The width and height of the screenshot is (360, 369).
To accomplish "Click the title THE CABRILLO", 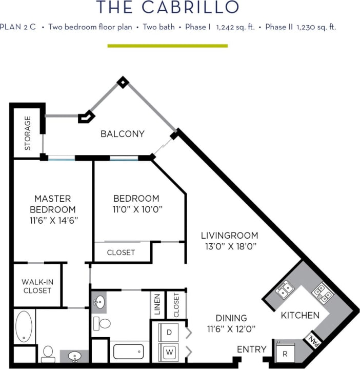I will pyautogui.click(x=168, y=7).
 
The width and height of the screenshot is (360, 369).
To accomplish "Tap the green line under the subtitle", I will pyautogui.click(x=167, y=46).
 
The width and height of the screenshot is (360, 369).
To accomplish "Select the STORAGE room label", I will pyautogui.click(x=28, y=132).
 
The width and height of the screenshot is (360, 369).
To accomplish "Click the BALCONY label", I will pyautogui.click(x=122, y=134).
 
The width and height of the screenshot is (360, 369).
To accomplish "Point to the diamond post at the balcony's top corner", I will pyautogui.click(x=123, y=82).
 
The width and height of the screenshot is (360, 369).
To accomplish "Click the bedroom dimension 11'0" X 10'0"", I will pyautogui.click(x=136, y=209).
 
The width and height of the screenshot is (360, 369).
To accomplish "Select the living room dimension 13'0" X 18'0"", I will pyautogui.click(x=229, y=246).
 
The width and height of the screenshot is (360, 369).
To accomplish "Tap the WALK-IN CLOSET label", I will pyautogui.click(x=37, y=286).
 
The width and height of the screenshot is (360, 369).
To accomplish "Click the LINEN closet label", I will pyautogui.click(x=157, y=304).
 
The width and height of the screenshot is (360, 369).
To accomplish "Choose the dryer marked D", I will pyautogui.click(x=168, y=332).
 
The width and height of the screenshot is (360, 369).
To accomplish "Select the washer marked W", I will pyautogui.click(x=168, y=352).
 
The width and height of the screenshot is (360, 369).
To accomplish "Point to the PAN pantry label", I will pyautogui.click(x=312, y=339).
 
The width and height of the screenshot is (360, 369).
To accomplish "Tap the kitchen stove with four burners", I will pyautogui.click(x=323, y=292).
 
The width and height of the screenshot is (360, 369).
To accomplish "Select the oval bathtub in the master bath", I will pyautogui.click(x=24, y=326).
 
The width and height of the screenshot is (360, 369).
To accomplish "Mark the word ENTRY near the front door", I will pyautogui.click(x=251, y=349).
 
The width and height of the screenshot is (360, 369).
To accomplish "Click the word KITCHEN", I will pyautogui.click(x=300, y=315).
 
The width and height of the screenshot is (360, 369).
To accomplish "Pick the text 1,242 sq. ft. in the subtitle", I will pyautogui.click(x=235, y=27).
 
